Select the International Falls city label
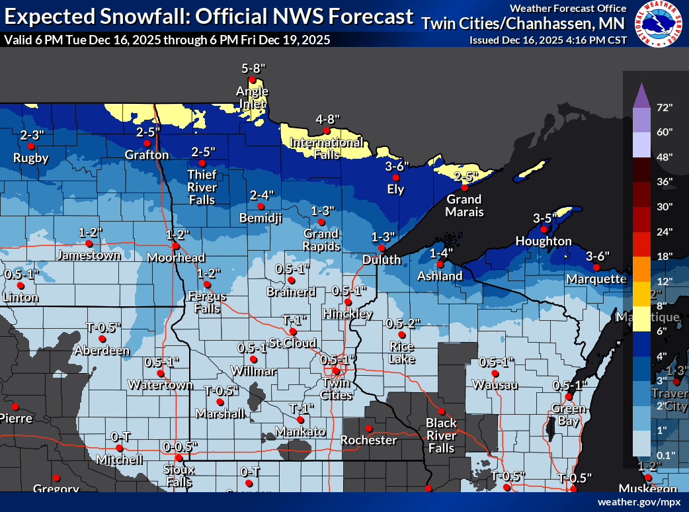tap(327, 148)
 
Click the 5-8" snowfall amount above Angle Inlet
tap(253, 68)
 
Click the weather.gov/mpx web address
tap(639, 502)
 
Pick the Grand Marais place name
tap(464, 205)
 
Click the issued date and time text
tap(548, 40)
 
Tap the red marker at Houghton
tap(544, 230)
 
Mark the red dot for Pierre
tap(13, 406)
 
